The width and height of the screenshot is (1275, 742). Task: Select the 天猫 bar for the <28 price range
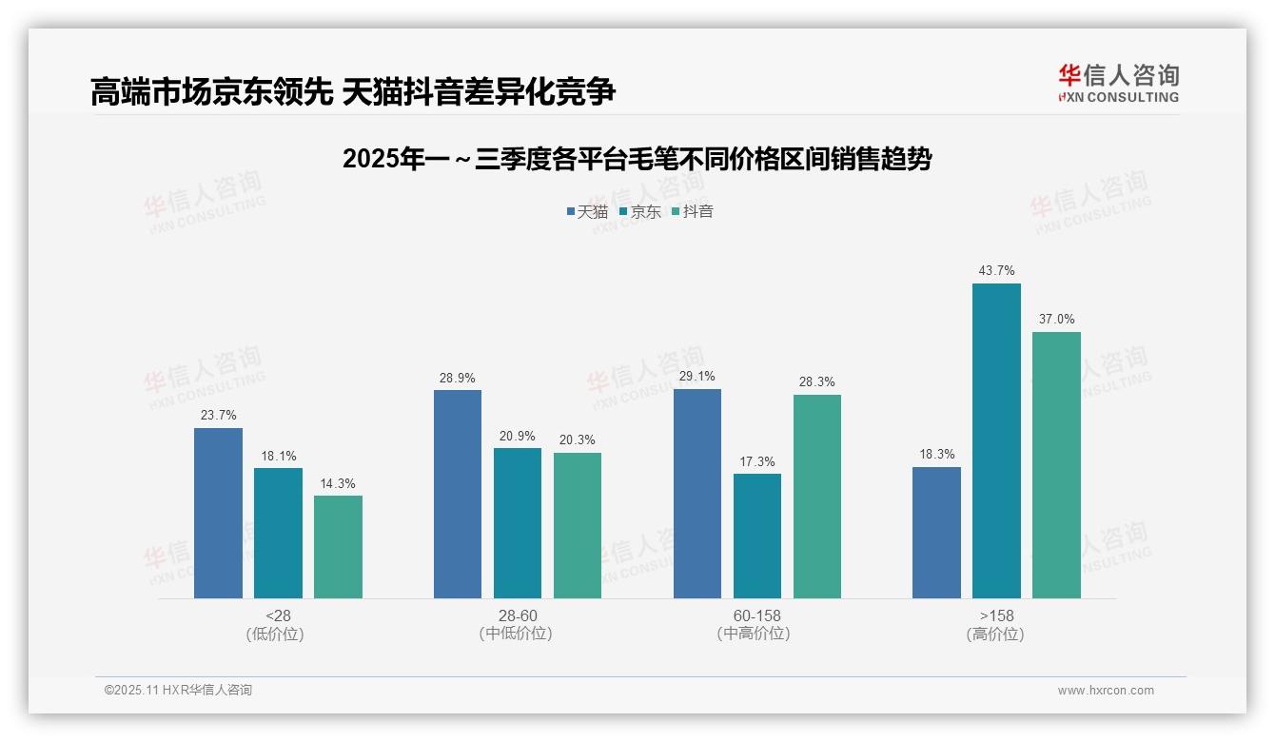pyautogui.click(x=218, y=513)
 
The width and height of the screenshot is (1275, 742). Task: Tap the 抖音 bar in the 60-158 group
pyautogui.click(x=816, y=496)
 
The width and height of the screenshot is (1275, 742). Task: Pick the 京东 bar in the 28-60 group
pyautogui.click(x=517, y=522)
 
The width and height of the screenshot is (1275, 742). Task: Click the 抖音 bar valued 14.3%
pyautogui.click(x=338, y=546)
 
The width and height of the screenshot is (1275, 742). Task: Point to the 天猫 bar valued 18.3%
pyautogui.click(x=936, y=532)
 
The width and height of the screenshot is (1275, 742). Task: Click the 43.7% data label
pyautogui.click(x=996, y=271)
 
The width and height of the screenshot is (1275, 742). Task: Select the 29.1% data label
pyautogui.click(x=696, y=377)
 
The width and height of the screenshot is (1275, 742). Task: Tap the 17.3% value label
pyautogui.click(x=756, y=461)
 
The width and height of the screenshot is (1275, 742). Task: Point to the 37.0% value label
pyautogui.click(x=1056, y=320)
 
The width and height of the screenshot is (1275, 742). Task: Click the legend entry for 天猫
pyautogui.click(x=587, y=212)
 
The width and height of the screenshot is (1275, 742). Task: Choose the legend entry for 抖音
pyautogui.click(x=692, y=212)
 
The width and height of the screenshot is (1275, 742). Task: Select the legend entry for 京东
pyautogui.click(x=639, y=212)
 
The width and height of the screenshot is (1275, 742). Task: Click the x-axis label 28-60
pyautogui.click(x=517, y=616)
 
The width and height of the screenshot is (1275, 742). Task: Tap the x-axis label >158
pyautogui.click(x=995, y=616)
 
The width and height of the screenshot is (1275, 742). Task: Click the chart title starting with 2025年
pyautogui.click(x=637, y=159)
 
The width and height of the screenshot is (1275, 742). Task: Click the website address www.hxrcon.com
pyautogui.click(x=1105, y=691)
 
